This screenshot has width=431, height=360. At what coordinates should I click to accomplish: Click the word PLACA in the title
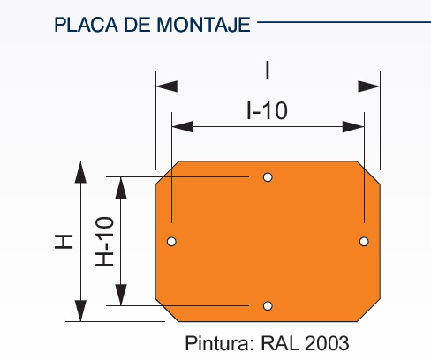point(86,25)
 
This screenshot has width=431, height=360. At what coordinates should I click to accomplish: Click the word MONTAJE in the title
point(203,25)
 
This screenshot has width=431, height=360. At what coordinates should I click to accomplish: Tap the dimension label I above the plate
point(268,71)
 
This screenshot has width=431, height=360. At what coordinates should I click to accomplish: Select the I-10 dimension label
point(267,111)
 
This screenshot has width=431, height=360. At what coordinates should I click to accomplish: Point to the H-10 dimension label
point(105,242)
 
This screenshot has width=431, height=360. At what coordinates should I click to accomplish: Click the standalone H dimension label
point(64,242)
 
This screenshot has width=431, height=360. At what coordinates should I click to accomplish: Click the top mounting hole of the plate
point(268,177)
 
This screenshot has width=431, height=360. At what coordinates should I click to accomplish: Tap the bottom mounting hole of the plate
point(268,306)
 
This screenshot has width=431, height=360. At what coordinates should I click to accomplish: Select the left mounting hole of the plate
point(171,242)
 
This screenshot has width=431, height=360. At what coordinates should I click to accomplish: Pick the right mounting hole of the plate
point(364,242)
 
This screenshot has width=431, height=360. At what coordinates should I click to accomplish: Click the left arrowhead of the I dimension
point(167,86)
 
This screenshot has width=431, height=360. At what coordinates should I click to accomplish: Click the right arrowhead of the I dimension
point(369,86)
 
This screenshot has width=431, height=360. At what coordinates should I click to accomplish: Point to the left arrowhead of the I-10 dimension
point(183,127)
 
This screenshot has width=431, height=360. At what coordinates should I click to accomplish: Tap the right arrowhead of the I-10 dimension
point(353,127)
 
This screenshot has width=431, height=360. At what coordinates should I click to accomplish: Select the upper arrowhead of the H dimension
point(80,172)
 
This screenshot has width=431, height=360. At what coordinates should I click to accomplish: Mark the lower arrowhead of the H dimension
point(80,311)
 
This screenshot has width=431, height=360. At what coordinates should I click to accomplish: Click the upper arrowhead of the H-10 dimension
point(121,188)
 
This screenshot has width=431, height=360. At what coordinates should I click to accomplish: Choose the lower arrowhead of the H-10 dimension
point(121,295)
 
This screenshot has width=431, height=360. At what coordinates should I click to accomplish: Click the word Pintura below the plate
point(219,343)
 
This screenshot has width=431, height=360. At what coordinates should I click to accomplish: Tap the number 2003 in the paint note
point(327,343)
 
